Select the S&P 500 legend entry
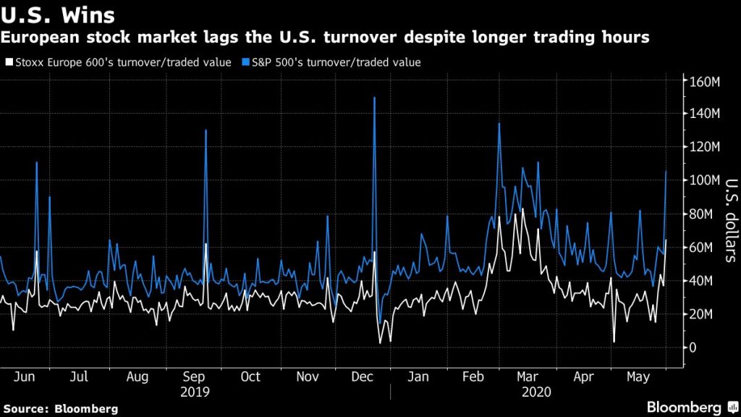click(x=337, y=62)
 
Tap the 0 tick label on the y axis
click(x=693, y=347)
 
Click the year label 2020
click(x=536, y=392)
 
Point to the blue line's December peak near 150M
click(x=374, y=98)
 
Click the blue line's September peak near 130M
click(x=206, y=131)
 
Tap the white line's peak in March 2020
click(x=522, y=209)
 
